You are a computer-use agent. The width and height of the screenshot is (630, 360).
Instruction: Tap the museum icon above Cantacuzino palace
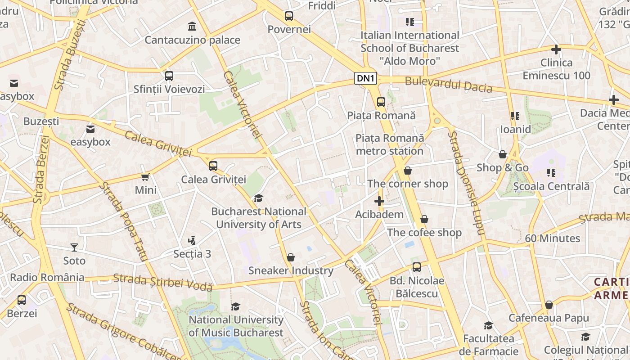[x=192, y=26]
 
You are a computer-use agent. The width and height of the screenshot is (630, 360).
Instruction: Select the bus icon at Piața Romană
[x=381, y=102]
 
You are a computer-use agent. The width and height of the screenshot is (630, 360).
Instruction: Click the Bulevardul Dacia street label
[x=448, y=84]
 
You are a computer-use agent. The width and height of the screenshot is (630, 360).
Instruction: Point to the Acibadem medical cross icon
[x=379, y=201]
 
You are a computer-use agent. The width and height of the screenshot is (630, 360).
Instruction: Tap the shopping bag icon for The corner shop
[x=408, y=171]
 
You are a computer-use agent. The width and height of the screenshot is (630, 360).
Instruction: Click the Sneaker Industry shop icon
[x=291, y=257]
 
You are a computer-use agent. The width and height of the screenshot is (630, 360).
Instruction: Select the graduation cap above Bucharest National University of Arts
[x=258, y=198]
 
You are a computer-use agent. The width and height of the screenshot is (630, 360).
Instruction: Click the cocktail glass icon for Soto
[x=74, y=247]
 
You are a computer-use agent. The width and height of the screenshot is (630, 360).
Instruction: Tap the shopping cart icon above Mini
[x=145, y=177]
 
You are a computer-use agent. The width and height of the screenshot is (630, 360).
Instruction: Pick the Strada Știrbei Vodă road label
[x=162, y=282]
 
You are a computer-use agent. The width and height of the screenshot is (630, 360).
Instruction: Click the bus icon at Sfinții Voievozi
[x=169, y=76]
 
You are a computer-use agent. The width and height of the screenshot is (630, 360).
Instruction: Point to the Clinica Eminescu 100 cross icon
[x=556, y=49]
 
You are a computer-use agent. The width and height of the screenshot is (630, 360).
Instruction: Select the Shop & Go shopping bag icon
[x=503, y=154]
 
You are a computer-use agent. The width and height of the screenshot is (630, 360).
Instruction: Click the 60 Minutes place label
[x=552, y=238]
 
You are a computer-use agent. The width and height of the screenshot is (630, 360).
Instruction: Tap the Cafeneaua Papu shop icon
[x=549, y=305]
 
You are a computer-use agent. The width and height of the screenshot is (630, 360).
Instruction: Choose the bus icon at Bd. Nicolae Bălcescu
[x=417, y=267]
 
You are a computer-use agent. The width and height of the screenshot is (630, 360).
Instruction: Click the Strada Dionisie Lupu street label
[x=465, y=183]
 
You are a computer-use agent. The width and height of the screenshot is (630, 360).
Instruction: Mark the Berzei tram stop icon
[x=22, y=300]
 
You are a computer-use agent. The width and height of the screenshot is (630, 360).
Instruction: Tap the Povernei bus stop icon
[x=289, y=17]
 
